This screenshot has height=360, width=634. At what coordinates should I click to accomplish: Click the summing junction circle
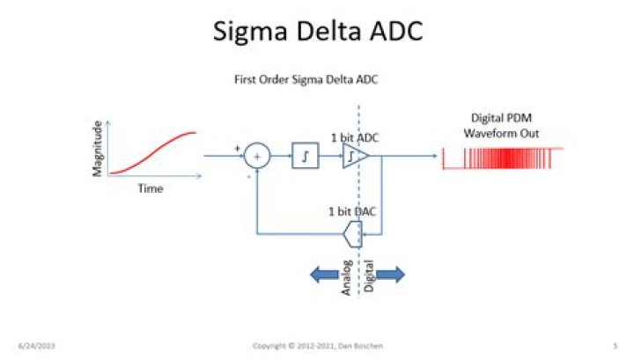[257, 157]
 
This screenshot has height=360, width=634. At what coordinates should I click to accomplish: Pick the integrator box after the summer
[304, 157]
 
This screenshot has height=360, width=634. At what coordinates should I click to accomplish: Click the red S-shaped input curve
[151, 151]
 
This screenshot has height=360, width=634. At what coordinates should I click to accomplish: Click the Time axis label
[151, 187]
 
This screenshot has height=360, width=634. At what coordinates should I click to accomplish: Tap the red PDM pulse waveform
[503, 158]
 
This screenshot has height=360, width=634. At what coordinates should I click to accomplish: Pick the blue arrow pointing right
[389, 275]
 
